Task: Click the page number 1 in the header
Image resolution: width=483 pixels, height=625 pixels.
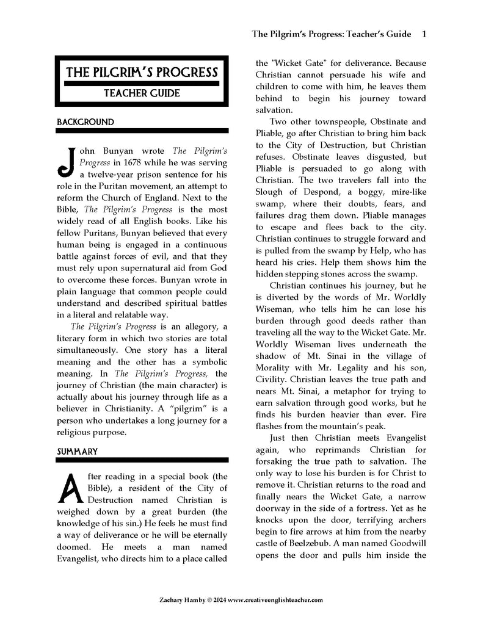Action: click(x=424, y=34)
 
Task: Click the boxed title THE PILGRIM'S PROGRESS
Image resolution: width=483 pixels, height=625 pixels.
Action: click(x=142, y=73)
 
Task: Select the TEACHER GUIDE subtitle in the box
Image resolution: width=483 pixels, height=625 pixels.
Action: click(x=142, y=93)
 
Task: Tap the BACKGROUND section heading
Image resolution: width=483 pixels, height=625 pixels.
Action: click(x=85, y=122)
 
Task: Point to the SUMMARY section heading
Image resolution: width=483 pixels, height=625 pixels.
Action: click(x=78, y=452)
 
